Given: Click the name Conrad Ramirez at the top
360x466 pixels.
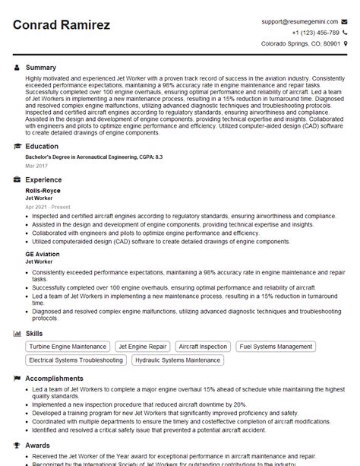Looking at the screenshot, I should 62,25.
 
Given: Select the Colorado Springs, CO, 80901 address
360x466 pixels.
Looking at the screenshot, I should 301,44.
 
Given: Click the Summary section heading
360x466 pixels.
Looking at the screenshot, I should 41,68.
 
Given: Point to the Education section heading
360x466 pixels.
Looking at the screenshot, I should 42,146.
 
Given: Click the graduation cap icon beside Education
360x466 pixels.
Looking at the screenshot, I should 17,146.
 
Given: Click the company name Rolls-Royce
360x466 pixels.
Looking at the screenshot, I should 43,190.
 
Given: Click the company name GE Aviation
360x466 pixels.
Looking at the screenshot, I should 42,253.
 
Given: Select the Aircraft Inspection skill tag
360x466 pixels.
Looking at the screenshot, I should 204,347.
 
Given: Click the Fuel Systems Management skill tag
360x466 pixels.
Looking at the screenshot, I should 275,347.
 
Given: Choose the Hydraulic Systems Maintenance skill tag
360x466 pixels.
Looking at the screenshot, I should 177,360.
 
